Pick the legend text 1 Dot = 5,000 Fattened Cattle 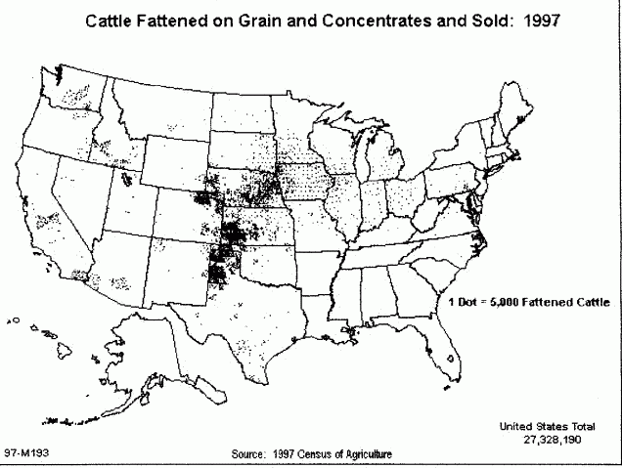pos(528,303)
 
